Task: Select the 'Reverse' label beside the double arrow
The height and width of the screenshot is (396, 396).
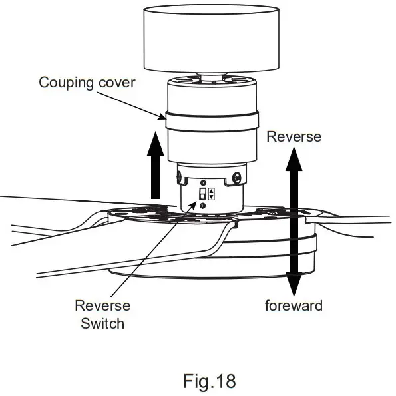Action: pyautogui.click(x=294, y=136)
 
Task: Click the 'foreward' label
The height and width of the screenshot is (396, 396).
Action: pyautogui.click(x=294, y=306)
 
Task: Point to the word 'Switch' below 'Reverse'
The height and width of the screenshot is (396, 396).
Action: pyautogui.click(x=102, y=324)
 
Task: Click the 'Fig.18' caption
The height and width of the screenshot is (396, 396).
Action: pyautogui.click(x=209, y=382)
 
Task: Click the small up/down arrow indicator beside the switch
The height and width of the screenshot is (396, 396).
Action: pyautogui.click(x=212, y=194)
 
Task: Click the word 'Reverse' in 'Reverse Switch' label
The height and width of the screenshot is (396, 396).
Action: pyautogui.click(x=102, y=306)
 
